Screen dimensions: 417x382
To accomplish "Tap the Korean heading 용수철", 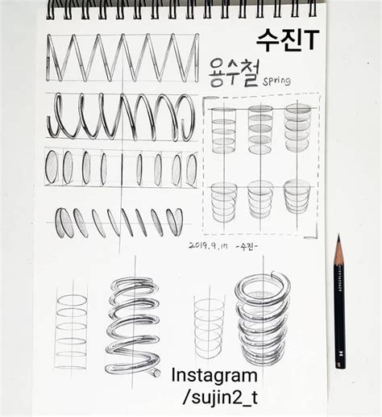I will [233, 70].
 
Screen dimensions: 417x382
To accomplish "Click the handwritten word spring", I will [276, 81].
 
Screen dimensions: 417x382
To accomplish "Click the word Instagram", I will [214, 375].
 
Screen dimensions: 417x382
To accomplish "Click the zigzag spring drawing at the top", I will [122, 59].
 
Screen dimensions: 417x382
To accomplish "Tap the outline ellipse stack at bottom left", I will [71, 331].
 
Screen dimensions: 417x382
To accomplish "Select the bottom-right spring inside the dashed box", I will [297, 197].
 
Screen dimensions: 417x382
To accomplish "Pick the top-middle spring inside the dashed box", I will [260, 127].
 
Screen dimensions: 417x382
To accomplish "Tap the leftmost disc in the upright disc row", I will [52, 168].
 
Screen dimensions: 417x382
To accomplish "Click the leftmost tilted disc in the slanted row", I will [64, 223].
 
